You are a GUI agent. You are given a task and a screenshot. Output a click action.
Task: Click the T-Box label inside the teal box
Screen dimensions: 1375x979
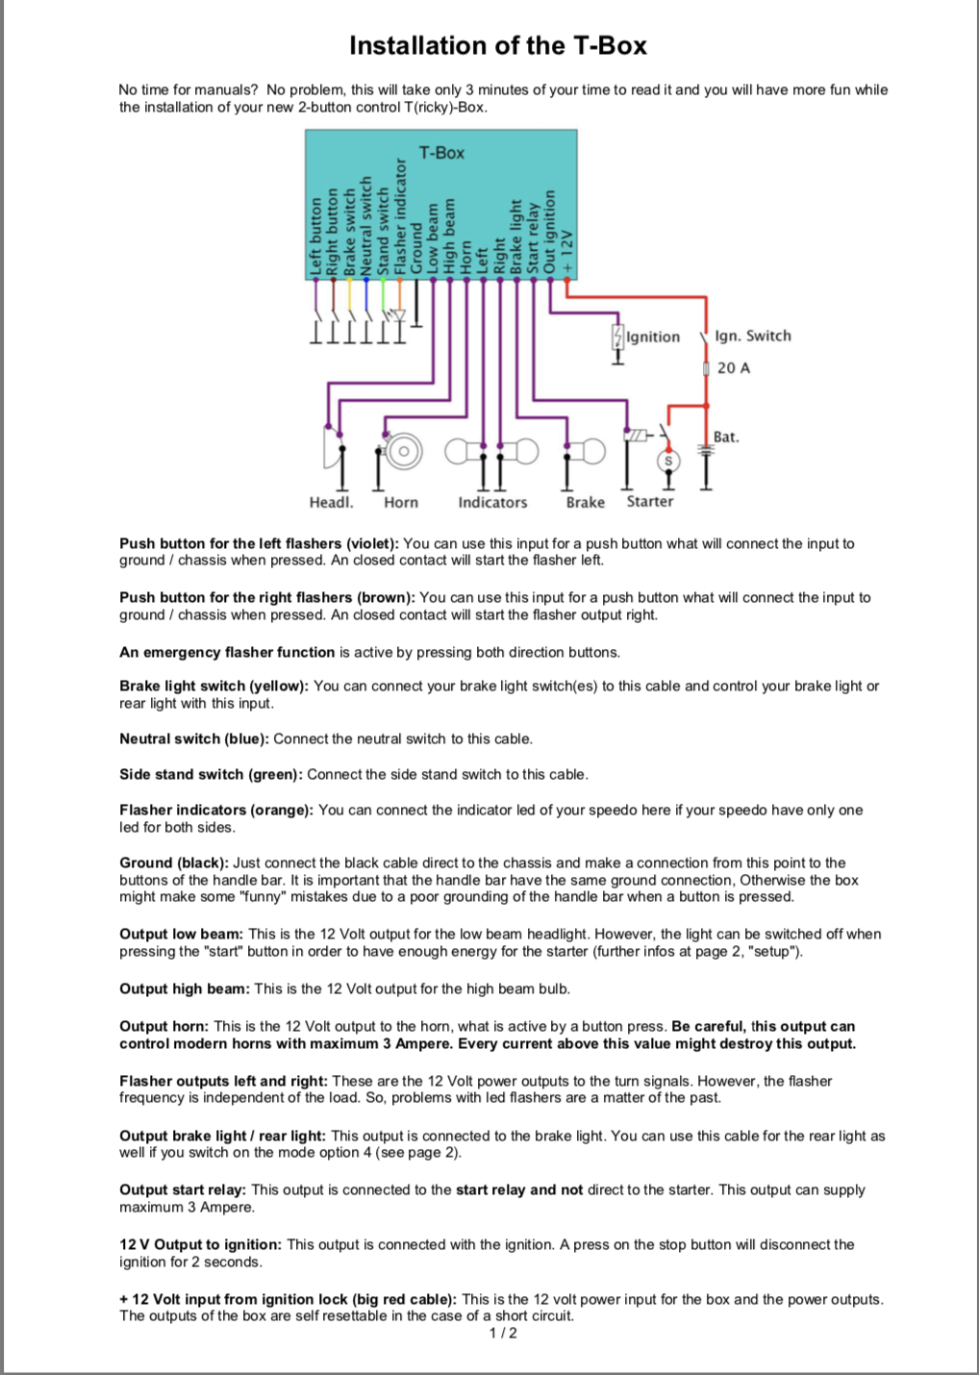click(x=441, y=153)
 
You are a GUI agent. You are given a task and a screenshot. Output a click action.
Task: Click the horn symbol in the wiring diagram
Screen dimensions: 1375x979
click(x=403, y=450)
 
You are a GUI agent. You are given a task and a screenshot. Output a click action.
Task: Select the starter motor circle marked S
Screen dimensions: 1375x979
click(x=669, y=462)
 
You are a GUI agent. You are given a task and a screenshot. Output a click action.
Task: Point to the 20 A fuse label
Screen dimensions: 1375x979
click(x=733, y=368)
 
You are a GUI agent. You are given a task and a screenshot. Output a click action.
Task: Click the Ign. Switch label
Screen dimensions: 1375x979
click(x=752, y=336)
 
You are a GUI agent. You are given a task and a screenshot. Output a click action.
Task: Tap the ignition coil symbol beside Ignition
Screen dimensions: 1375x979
click(x=617, y=337)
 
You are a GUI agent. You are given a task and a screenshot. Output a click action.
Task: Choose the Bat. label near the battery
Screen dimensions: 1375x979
click(x=726, y=437)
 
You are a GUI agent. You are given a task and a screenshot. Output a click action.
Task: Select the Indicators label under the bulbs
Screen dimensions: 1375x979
click(x=492, y=502)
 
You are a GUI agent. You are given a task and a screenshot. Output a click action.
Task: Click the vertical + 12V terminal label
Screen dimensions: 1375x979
click(x=568, y=252)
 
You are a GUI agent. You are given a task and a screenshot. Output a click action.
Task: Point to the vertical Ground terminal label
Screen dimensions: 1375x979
click(x=416, y=248)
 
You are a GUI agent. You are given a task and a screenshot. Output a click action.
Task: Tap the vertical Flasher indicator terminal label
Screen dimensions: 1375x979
click(x=400, y=217)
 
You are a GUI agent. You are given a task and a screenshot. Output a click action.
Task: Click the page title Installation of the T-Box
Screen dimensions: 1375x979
click(x=497, y=45)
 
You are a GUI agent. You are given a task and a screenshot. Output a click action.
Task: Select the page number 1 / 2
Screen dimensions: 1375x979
click(x=503, y=1333)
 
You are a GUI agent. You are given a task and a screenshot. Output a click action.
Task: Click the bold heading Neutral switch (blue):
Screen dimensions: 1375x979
click(x=194, y=738)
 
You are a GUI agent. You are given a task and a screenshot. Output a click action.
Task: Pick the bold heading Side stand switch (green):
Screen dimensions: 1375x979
click(x=211, y=774)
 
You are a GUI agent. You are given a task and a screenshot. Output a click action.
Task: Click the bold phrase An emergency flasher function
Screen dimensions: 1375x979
click(x=227, y=652)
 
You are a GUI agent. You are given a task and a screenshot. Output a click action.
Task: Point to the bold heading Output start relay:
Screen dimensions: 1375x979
click(x=183, y=1189)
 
